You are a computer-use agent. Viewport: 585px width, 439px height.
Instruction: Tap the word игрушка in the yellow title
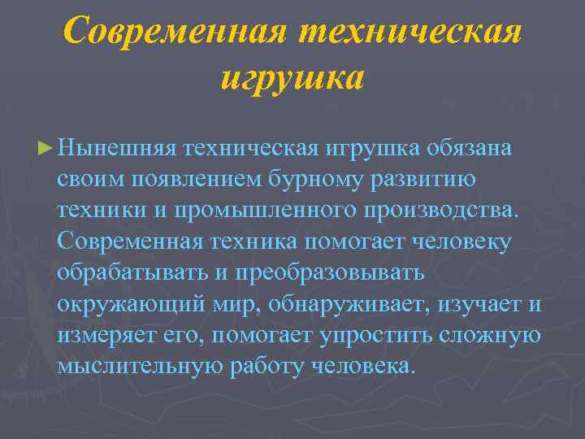tap(292, 79)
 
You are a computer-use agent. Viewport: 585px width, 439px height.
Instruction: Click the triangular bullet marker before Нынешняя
tap(47, 149)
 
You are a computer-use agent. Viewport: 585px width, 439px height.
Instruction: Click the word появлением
tap(189, 180)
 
